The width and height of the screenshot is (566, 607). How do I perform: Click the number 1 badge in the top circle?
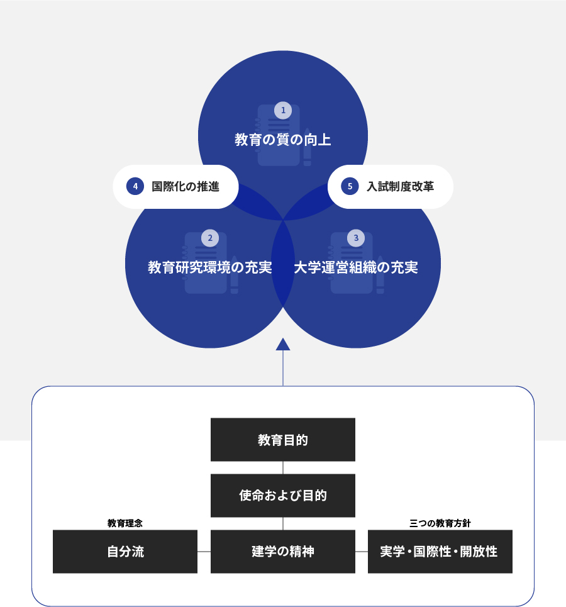point(283,110)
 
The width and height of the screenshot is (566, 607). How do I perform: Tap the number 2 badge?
point(210,238)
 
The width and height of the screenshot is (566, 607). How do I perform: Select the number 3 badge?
point(356,238)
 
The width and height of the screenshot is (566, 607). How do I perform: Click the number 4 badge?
point(135,186)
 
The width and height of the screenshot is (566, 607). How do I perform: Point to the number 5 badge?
point(350,186)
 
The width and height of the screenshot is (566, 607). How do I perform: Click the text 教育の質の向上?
point(283,140)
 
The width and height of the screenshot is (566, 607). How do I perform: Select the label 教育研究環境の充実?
point(210,267)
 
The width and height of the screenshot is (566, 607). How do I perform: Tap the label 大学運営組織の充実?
point(356,267)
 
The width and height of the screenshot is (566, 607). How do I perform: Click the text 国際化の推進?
point(186,187)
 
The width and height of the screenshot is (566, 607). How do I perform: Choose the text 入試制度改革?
point(401,187)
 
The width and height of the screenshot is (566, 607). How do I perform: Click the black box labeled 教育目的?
point(283,440)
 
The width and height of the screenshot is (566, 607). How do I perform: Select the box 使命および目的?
point(283,496)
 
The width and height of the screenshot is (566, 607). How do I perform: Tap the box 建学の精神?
point(283,552)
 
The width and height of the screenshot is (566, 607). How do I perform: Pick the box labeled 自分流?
point(125,552)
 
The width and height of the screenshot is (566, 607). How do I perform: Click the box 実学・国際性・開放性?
point(440,552)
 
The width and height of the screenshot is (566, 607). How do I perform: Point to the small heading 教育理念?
point(125,523)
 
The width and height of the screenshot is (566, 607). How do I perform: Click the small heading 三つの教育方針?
point(440,523)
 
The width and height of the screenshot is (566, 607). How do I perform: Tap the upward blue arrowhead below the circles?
point(283,345)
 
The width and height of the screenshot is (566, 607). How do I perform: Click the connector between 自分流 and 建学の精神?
point(204,552)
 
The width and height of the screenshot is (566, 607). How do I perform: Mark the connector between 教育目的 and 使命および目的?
point(283,467)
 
